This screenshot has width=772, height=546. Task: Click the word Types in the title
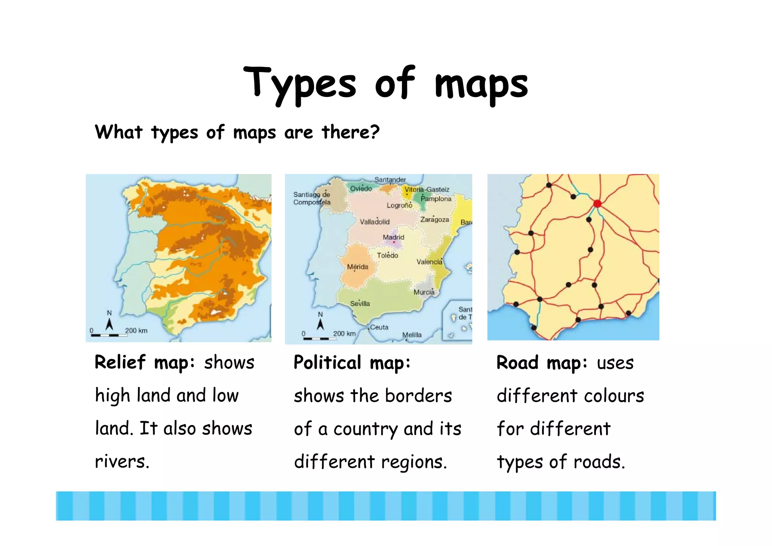click(x=299, y=84)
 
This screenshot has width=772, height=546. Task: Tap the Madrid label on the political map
click(x=393, y=237)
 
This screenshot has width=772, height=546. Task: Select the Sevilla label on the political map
click(x=360, y=304)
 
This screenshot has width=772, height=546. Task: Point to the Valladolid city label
click(x=374, y=222)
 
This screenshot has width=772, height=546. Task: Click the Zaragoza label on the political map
click(x=434, y=219)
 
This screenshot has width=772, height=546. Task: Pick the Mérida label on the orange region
click(x=357, y=267)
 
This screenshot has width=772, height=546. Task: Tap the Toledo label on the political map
click(x=387, y=255)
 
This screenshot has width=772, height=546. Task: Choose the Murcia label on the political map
click(x=424, y=292)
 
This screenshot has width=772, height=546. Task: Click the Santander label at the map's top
click(x=390, y=180)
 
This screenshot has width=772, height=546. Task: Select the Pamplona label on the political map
click(x=436, y=199)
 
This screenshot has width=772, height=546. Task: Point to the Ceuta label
click(x=379, y=327)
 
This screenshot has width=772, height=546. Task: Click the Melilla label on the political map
click(x=412, y=335)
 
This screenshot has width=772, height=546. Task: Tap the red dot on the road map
click(x=597, y=204)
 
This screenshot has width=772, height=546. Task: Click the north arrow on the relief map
click(x=109, y=324)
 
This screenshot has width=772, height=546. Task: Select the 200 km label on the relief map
click(x=136, y=331)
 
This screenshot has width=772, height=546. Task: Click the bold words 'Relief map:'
click(x=145, y=362)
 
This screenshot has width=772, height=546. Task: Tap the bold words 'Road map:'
click(x=542, y=363)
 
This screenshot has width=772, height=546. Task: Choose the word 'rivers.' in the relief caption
click(x=122, y=462)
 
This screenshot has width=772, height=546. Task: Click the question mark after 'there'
click(x=374, y=132)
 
